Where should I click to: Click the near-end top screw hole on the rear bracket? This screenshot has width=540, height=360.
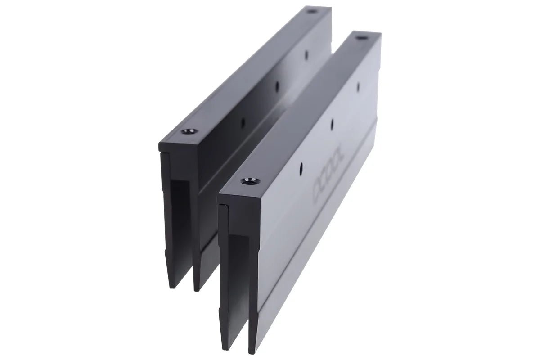pos(187,132)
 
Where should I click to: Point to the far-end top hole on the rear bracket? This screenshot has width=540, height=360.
pos(310,10)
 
